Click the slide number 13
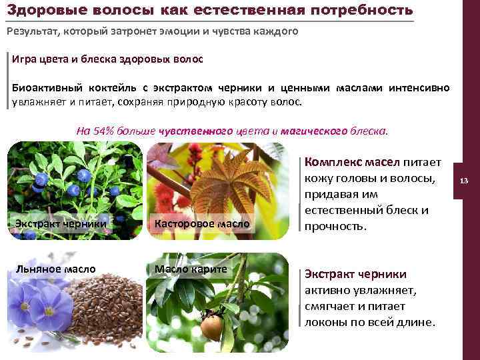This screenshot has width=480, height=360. pyautogui.click(x=465, y=180)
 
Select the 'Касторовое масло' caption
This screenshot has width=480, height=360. pyautogui.click(x=202, y=223)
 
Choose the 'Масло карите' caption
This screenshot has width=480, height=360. pyautogui.click(x=191, y=269)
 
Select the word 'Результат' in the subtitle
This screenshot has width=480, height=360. pyautogui.click(x=33, y=31)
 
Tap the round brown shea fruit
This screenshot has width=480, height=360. pyautogui.click(x=211, y=327)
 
